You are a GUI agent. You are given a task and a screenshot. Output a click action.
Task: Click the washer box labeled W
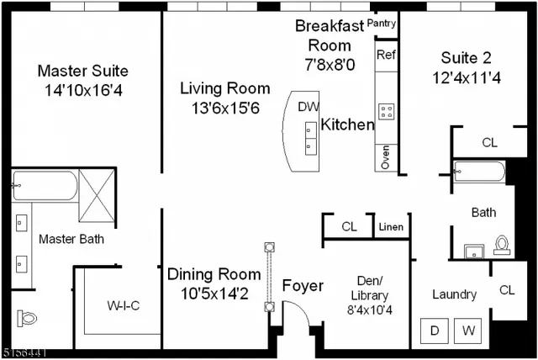point(468,331)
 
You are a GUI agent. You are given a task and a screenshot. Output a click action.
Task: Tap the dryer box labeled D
point(435,331)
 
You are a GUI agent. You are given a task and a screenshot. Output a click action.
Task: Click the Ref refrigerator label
point(386,55)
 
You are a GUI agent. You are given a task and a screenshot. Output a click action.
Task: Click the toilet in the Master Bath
point(27,319)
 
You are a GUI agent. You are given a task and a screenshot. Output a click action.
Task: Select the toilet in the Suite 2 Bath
point(502,244)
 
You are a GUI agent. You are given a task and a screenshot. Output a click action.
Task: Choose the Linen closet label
point(391,227)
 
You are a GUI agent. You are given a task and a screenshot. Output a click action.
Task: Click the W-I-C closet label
point(124,305)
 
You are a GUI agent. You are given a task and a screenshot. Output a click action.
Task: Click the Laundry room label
point(454,294)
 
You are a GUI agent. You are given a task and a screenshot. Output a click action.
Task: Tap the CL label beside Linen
point(349,227)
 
